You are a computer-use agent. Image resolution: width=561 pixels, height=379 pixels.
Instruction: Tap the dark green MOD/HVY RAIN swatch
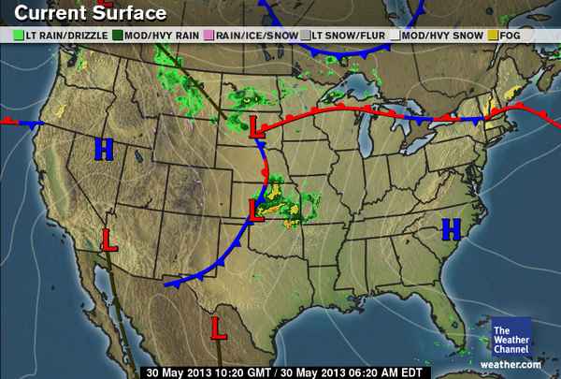tap(119, 35)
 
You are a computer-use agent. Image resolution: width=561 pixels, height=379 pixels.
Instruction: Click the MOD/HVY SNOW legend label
tap(443, 35)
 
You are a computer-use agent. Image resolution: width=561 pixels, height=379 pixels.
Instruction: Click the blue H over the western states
tap(104, 148)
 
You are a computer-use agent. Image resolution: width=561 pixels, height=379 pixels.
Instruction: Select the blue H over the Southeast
tap(452, 227)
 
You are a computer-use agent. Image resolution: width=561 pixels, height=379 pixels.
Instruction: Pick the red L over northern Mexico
tap(219, 328)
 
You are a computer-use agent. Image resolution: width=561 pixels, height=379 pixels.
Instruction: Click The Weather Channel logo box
tap(511, 336)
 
